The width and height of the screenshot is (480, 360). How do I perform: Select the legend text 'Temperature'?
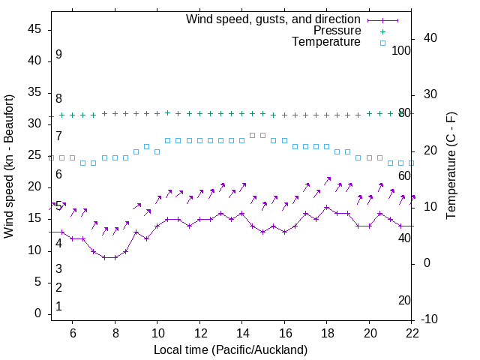(x=326, y=43)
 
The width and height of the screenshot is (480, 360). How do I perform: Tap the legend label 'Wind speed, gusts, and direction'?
(x=273, y=19)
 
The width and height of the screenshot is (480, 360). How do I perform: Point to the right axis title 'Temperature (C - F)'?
(x=451, y=166)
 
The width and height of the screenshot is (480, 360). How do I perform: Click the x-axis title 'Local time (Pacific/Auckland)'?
(x=230, y=349)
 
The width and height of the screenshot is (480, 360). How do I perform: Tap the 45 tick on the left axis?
(x=34, y=29)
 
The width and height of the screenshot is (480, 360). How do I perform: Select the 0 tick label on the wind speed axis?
(x=37, y=313)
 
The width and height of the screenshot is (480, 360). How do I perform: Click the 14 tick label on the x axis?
(x=241, y=332)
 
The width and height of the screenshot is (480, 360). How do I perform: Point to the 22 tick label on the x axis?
(x=411, y=332)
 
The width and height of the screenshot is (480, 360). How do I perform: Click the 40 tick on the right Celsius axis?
(x=430, y=38)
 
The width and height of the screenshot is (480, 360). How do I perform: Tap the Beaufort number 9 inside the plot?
(x=58, y=55)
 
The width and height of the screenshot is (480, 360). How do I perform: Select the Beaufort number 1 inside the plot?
(x=58, y=307)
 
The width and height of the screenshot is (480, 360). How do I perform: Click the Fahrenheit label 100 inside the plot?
(x=401, y=50)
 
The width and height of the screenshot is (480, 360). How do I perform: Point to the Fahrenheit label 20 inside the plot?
(x=404, y=300)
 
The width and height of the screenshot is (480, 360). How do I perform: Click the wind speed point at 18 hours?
(x=326, y=207)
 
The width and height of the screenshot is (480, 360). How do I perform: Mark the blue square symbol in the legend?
(x=382, y=43)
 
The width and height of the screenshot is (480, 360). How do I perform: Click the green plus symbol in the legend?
(x=382, y=31)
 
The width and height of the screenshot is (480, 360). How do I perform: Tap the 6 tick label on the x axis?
(x=73, y=332)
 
